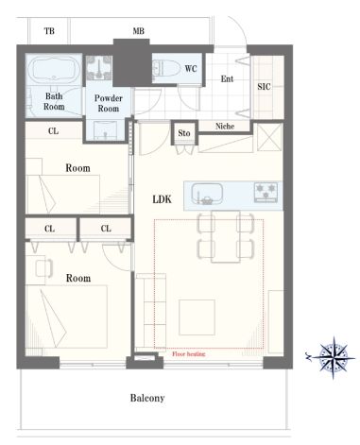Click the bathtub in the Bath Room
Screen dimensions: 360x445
click(54, 71)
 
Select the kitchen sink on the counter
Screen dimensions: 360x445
click(207, 194)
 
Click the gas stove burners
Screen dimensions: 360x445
click(266, 192)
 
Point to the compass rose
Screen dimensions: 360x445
click(334, 358)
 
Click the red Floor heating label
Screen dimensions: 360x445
click(189, 354)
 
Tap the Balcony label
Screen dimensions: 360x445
click(147, 398)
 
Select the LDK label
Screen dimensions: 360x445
click(163, 199)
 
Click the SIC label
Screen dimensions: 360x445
click(264, 86)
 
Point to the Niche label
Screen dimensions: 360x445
click(225, 127)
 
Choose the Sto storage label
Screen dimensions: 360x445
click(184, 133)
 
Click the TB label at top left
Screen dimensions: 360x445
click(49, 31)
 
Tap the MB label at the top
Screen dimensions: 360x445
click(139, 31)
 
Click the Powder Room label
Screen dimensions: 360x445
click(109, 103)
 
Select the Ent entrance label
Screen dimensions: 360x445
click(227, 78)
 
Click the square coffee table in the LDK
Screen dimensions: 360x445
click(197, 317)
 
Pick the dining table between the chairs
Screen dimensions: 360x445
click(226, 236)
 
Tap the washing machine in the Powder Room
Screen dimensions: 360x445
click(99, 67)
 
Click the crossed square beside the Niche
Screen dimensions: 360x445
click(269, 137)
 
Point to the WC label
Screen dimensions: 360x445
click(191, 68)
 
